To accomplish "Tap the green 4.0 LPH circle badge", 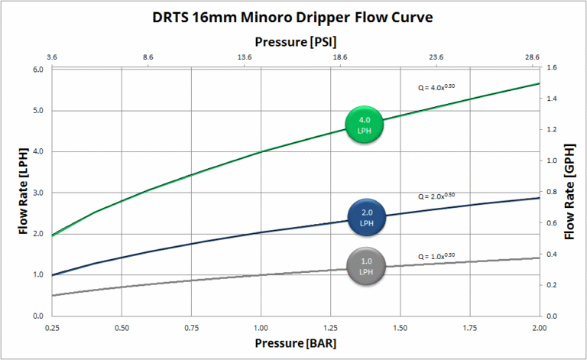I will click(364, 124).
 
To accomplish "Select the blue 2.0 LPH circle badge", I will click(366, 217).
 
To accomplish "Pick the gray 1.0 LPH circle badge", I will click(365, 265).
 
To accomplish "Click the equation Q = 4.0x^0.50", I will click(436, 87).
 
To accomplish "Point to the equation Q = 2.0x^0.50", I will click(436, 196).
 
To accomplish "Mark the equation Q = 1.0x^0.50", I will click(436, 256).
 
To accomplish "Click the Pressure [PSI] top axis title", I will click(295, 41).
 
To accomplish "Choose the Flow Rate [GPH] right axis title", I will click(570, 191).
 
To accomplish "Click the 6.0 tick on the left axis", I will click(37, 70).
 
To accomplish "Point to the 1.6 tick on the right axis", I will click(552, 68).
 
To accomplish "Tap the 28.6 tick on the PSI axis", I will click(533, 57).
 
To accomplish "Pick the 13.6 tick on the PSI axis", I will click(245, 57).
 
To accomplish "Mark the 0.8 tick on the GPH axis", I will click(552, 192).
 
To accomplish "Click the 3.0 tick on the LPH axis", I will click(37, 193).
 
